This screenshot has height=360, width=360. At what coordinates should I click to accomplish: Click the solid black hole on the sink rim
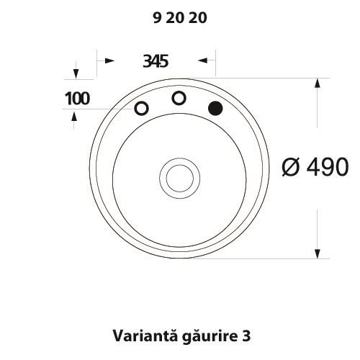[x=215, y=108]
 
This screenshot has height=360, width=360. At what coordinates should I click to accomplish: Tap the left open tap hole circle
[x=142, y=109]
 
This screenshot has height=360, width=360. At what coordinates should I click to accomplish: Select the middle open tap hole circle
[x=178, y=97]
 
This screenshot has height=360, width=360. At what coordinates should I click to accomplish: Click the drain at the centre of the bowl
[x=176, y=176]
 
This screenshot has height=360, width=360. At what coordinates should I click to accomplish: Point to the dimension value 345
[x=156, y=61]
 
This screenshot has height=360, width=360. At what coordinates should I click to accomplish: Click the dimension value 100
[x=77, y=99]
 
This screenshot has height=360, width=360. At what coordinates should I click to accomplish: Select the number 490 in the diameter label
[x=328, y=167]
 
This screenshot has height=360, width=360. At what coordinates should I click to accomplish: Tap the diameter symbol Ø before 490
[x=291, y=167]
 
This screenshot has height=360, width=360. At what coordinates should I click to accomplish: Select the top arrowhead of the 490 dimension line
[x=318, y=81]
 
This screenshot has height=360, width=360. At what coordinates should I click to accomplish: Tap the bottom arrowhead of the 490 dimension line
[x=318, y=253]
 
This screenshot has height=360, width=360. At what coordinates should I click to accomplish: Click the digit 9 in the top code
[x=156, y=20]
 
